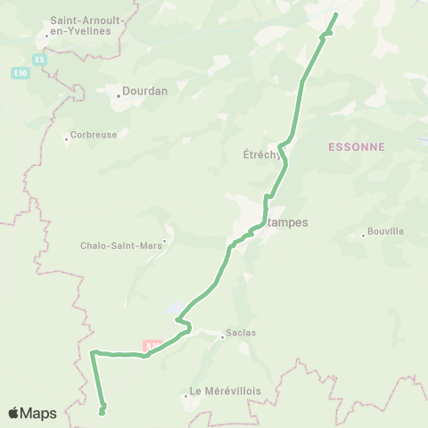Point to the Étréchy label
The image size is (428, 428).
click(x=262, y=153)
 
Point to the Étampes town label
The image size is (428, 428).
click(x=287, y=223)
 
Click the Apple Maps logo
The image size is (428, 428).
click(x=32, y=413)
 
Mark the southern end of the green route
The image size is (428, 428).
click(x=102, y=412)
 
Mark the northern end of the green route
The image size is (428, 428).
click(x=337, y=14)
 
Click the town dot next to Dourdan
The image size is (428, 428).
click(x=119, y=90)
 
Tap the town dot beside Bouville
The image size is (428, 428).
click(x=364, y=235)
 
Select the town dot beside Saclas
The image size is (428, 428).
click(x=222, y=337)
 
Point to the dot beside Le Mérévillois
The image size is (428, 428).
click(x=184, y=392)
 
